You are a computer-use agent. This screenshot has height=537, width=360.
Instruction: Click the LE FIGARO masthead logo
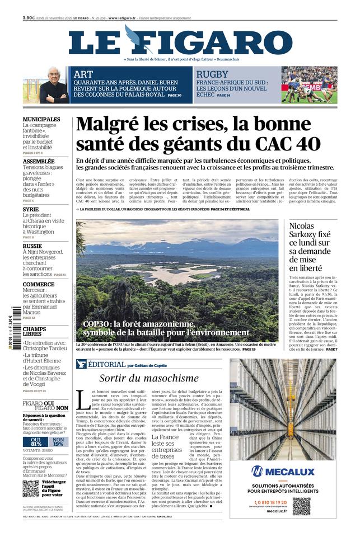point(180,42)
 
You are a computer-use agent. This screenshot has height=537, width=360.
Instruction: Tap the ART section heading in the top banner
point(83,73)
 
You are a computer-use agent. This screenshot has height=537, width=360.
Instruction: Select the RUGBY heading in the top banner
point(212,74)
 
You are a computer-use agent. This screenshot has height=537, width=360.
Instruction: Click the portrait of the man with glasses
point(54,85)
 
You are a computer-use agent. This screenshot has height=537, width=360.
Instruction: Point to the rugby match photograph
point(309,85)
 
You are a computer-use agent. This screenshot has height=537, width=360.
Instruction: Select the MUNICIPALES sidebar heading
point(41,119)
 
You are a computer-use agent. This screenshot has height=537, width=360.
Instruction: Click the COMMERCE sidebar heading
point(39,284)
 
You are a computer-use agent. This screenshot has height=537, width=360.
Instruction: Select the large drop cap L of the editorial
point(82,400)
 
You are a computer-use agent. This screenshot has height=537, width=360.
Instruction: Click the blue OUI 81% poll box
point(36,441)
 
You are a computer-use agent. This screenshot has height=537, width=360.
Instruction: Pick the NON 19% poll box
point(58,441)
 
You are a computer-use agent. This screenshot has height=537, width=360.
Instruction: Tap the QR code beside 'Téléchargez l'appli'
point(31,488)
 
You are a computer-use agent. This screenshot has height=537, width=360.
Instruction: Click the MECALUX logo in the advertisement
point(283,471)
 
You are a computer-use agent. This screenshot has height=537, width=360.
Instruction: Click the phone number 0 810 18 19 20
point(271,502)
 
